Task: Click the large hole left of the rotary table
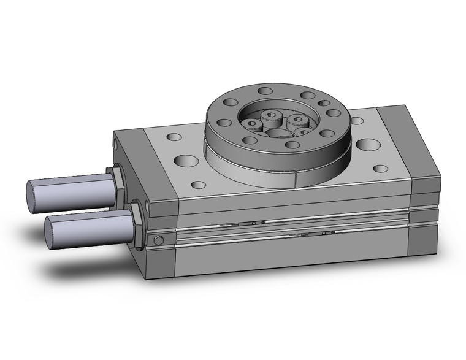point(184,161)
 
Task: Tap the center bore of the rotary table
point(278,133)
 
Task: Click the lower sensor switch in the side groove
point(319,234)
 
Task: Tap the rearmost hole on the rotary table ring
point(265,91)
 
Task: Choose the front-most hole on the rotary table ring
point(293,145)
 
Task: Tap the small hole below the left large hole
point(197,184)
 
